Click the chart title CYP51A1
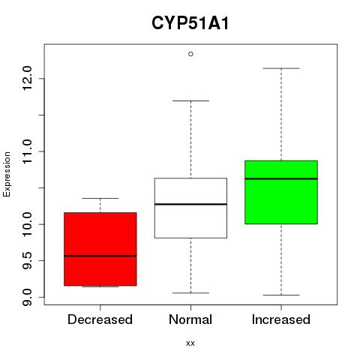190,23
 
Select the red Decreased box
100,249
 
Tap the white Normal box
190,208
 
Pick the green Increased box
281,192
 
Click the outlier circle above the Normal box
190,54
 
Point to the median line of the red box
100,256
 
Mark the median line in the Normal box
190,204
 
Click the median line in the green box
281,178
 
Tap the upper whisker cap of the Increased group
281,68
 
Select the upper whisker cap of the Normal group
190,100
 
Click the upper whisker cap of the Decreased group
100,198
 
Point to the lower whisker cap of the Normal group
190,292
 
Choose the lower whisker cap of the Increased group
281,295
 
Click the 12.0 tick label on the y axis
27,78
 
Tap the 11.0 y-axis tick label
27,151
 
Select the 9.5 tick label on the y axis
27,260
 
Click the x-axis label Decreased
100,319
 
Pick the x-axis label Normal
190,319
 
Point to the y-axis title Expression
7,174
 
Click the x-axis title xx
190,343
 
